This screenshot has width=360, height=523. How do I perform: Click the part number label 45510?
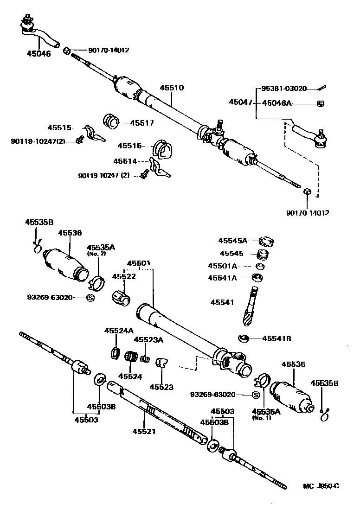click(172, 88)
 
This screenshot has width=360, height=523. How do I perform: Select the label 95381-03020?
click(283, 88)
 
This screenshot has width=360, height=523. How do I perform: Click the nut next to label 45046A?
click(320, 103)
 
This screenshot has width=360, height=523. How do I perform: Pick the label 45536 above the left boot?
click(70, 233)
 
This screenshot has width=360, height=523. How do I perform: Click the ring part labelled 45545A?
click(267, 241)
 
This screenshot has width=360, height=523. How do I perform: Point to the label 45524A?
click(119, 331)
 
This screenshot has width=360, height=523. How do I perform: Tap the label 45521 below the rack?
click(143, 431)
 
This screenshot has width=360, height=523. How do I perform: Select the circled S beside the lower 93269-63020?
click(255, 395)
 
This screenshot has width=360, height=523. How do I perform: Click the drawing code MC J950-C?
click(321, 486)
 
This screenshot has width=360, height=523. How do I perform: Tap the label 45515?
click(59, 128)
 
